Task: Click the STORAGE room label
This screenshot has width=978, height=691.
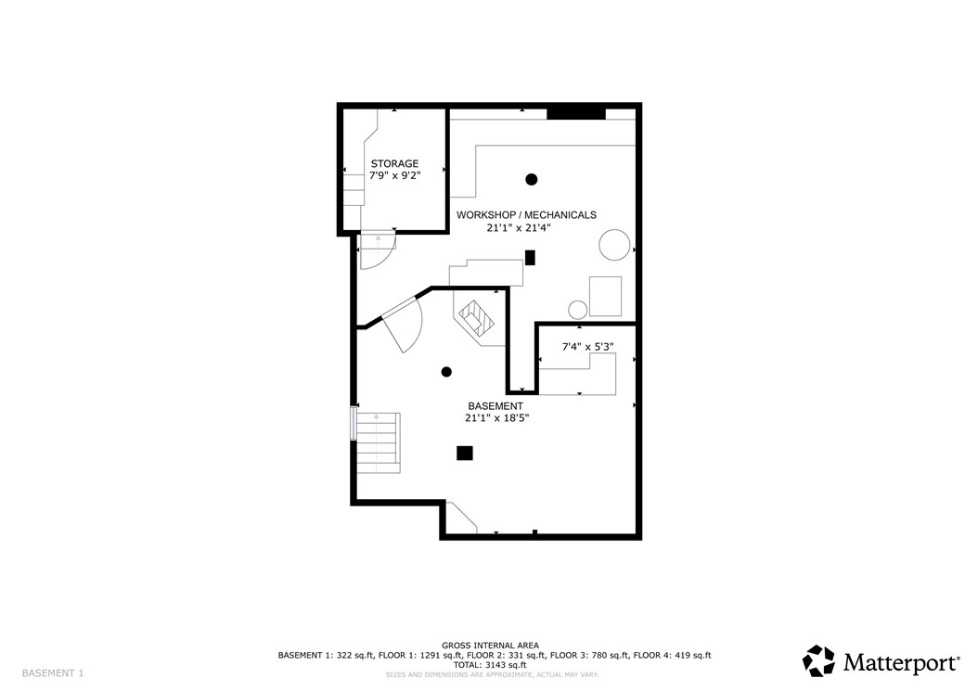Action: tap(394, 163)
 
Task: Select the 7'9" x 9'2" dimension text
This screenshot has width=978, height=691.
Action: tap(394, 175)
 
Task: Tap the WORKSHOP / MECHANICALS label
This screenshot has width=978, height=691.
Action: tap(526, 214)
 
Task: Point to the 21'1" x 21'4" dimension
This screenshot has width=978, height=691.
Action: tap(526, 227)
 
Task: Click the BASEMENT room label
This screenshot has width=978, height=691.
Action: tap(495, 405)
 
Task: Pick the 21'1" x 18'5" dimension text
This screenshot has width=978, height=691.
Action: tap(495, 418)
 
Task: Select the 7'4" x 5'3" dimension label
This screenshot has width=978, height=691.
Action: tap(588, 347)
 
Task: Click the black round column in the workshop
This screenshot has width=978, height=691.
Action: tap(532, 179)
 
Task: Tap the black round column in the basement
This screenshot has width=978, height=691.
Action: tap(446, 372)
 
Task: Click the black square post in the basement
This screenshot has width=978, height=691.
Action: tap(465, 453)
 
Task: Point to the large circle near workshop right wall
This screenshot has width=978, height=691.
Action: tap(614, 245)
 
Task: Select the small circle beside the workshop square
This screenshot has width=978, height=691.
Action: tap(577, 309)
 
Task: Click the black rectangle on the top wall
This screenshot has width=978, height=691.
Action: tap(575, 113)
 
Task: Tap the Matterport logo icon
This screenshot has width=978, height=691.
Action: tap(818, 660)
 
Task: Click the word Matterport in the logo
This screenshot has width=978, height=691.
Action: tap(899, 662)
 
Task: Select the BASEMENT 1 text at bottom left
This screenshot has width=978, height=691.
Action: tap(53, 672)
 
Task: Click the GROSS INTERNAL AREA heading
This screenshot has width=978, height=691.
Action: tap(490, 646)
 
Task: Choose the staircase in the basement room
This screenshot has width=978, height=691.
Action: tap(377, 441)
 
